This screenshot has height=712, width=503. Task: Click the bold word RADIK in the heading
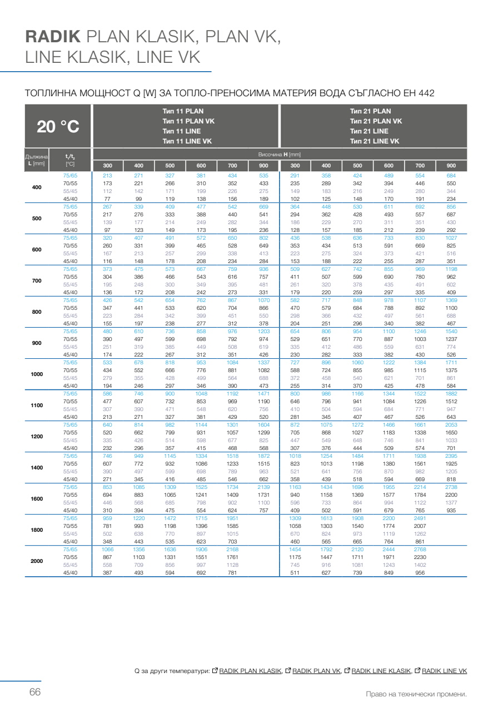(x=53, y=37)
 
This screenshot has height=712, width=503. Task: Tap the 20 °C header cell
(x=58, y=127)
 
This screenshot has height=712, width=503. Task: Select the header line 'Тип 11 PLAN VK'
(x=188, y=121)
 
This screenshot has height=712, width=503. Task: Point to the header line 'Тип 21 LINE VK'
(x=374, y=141)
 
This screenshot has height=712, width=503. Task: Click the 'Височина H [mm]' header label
(x=279, y=154)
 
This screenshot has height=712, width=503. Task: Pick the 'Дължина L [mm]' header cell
(x=37, y=160)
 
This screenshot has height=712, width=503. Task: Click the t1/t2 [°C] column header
(x=70, y=160)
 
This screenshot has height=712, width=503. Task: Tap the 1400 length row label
(x=37, y=468)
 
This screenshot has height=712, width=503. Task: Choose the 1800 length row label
(x=37, y=530)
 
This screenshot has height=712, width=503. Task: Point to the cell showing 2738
(x=451, y=487)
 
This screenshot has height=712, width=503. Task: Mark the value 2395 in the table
(x=451, y=456)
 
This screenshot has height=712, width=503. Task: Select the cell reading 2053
(x=451, y=425)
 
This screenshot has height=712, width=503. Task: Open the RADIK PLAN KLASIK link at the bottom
(x=250, y=671)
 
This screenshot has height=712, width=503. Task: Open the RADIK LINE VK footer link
(x=444, y=671)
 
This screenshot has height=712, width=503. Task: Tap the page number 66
(x=35, y=693)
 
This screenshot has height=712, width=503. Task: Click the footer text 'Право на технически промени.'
(x=416, y=694)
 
